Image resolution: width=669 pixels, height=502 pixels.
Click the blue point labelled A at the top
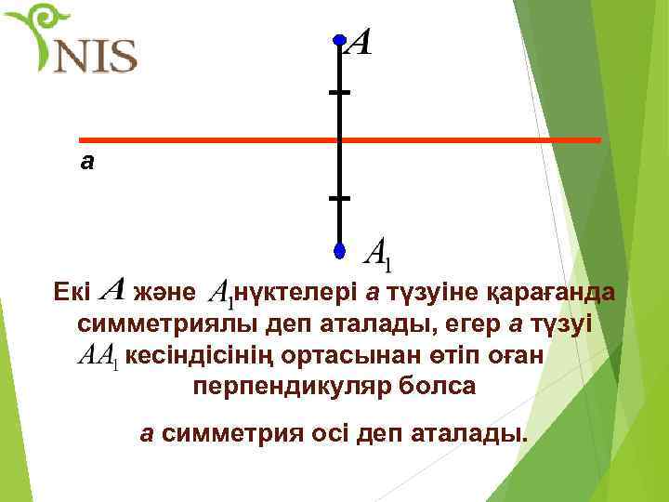tap(340, 41)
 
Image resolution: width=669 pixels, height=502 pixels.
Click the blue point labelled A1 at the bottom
tap(340, 251)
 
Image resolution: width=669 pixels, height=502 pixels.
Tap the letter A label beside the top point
tap(360, 43)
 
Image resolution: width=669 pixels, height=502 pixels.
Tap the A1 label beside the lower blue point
tap(381, 251)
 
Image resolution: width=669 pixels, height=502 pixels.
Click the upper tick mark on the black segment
tap(340, 93)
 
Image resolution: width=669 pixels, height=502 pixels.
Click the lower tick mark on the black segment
tap(340, 199)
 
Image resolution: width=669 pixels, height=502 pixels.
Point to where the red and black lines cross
tap(340, 140)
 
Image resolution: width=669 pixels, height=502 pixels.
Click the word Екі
tap(72, 293)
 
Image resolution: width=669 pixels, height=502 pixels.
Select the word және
tap(165, 293)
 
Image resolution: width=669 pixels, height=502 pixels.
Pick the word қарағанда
tap(559, 293)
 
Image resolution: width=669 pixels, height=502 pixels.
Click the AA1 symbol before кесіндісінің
tap(97, 355)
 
